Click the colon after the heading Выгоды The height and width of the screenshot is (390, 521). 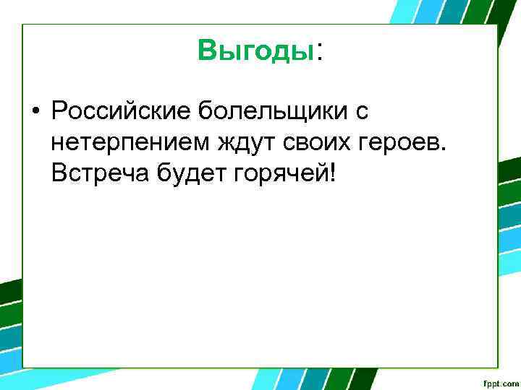pyautogui.click(x=319, y=52)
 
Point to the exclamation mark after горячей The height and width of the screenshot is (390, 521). pyautogui.click(x=332, y=173)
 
